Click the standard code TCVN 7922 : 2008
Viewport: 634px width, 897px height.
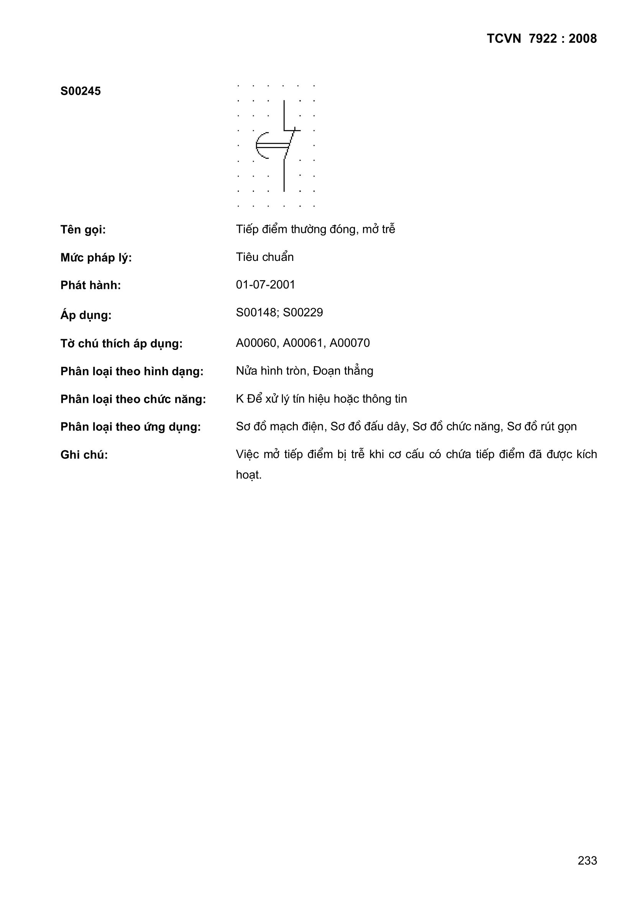point(542,39)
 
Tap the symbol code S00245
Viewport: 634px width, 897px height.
point(80,91)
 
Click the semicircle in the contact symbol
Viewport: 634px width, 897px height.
point(260,145)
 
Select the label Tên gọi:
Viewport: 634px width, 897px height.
point(83,230)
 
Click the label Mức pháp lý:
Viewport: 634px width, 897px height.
point(96,258)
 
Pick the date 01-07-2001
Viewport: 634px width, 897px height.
point(266,284)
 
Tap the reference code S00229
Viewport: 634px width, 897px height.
point(303,313)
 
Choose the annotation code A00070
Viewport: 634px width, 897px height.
point(350,343)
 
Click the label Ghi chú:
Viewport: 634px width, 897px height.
point(84,455)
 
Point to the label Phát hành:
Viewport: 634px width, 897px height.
point(90,285)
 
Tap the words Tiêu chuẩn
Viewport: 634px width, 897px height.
point(265,257)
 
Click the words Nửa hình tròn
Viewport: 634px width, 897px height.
point(271,371)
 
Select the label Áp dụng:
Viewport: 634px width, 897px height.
point(86,315)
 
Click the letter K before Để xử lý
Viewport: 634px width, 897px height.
point(239,399)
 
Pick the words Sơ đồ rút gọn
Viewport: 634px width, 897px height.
point(542,427)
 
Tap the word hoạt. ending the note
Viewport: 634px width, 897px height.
point(249,475)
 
